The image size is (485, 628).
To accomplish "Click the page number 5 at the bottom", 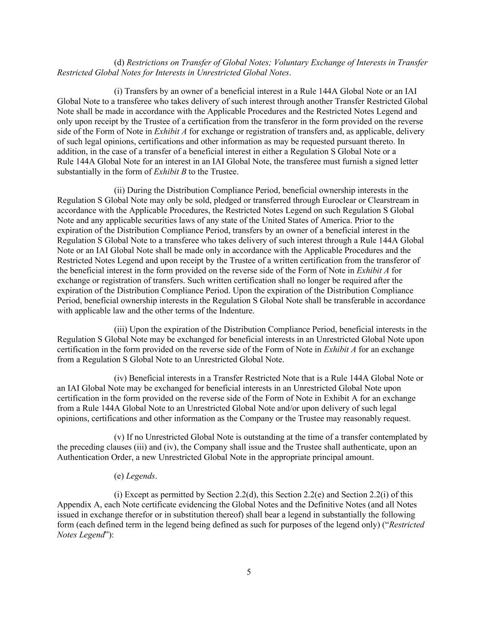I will [249, 572].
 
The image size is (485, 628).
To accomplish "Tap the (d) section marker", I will [119, 63].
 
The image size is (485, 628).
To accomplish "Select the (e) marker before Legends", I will [119, 476].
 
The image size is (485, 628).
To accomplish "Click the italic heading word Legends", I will [141, 476].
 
